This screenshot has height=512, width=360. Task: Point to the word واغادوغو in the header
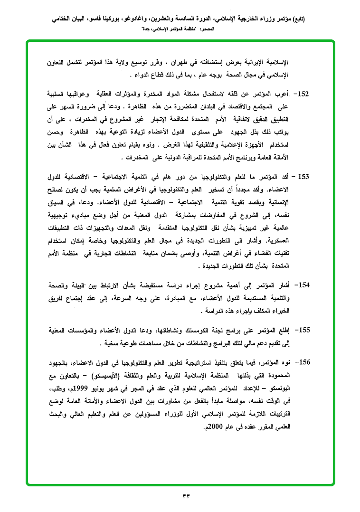(x=138, y=19)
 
